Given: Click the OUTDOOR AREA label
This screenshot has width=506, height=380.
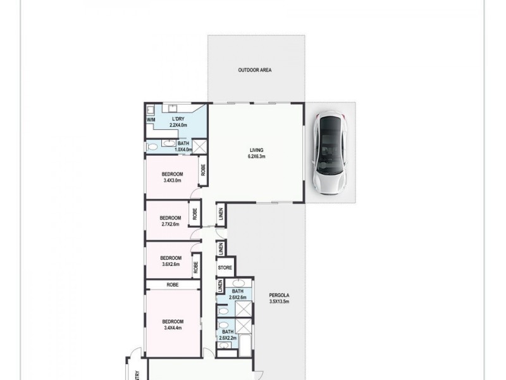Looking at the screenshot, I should (x=255, y=70).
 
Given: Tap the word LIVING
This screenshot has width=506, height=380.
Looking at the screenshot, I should (x=256, y=150).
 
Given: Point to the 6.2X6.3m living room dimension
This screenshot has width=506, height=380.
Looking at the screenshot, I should (x=256, y=156).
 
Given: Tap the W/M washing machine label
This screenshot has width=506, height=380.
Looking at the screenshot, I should (x=151, y=120).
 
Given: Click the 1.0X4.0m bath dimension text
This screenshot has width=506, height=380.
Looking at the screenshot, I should (x=183, y=149).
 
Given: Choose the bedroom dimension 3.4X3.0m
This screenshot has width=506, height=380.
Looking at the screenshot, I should (x=172, y=180).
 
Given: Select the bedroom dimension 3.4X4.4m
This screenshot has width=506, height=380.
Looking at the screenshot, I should (x=172, y=327).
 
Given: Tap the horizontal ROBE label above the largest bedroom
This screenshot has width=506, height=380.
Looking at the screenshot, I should (x=173, y=285).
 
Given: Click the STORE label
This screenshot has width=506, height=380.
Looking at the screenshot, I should (x=225, y=268).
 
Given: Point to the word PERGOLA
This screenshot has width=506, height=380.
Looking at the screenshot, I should (x=278, y=295).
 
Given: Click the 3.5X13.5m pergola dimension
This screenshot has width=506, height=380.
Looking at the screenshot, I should (x=278, y=301).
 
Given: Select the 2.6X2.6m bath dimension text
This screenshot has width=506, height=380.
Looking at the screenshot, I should (x=238, y=297).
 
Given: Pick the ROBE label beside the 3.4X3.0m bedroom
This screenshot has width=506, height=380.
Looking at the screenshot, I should (x=203, y=170).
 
